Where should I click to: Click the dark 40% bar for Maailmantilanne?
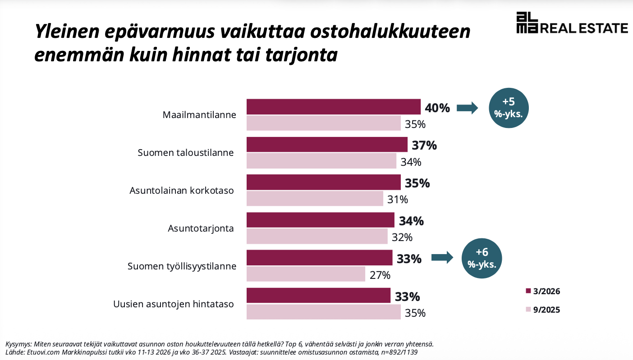tap(333, 107)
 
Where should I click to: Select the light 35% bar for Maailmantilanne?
tap(323, 123)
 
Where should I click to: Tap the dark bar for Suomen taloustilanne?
tap(327, 145)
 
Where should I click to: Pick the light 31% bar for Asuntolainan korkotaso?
tap(315, 198)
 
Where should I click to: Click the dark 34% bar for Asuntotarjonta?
tap(320, 220)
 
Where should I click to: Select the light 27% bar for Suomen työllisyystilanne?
tap(306, 274)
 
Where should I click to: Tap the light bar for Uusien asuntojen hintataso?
tap(323, 312)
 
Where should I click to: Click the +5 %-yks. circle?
tap(509, 108)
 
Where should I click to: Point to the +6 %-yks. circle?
tap(482, 258)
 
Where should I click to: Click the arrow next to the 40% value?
tap(467, 108)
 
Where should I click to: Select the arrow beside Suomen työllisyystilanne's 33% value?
tap(442, 258)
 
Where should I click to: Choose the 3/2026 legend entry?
tap(543, 291)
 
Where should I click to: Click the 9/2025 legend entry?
tap(543, 310)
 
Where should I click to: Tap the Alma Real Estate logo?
tap(572, 23)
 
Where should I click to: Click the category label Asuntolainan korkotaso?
tap(182, 191)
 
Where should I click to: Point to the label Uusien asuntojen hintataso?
tap(173, 304)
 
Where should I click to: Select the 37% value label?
tap(424, 146)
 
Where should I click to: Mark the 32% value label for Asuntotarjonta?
tap(402, 237)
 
